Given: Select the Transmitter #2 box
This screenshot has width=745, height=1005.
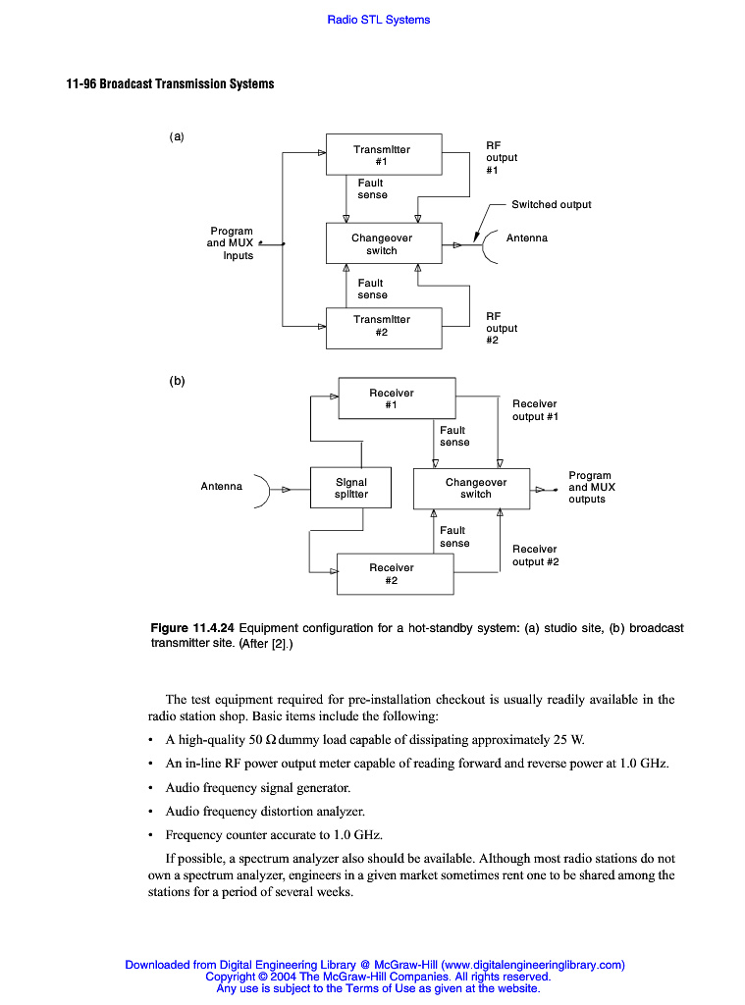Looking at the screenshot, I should (383, 326).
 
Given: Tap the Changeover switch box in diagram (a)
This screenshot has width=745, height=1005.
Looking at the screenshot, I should (383, 243).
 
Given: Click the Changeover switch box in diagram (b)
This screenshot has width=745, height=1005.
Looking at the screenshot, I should (475, 488).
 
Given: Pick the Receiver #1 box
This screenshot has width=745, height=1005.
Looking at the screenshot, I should (397, 398).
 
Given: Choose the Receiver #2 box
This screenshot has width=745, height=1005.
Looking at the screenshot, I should (395, 573).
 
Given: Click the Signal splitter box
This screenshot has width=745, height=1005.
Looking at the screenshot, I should (351, 488).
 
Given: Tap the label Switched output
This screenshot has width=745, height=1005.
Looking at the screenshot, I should (551, 204).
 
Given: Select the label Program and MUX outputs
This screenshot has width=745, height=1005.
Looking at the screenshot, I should (591, 487).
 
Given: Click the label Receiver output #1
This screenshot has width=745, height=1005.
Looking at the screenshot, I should (535, 409).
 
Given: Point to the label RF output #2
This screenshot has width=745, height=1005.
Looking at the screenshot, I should (502, 328).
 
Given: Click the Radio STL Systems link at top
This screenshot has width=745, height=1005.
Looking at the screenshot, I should (378, 20).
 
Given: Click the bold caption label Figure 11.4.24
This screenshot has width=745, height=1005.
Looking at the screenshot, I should (192, 628).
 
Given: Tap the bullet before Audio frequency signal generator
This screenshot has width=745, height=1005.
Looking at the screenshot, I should (149, 788).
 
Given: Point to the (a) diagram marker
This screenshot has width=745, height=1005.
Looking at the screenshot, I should (177, 137).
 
